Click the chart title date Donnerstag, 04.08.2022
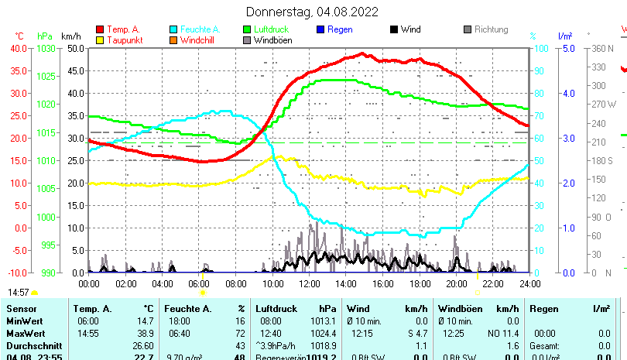312,12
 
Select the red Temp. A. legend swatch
99,29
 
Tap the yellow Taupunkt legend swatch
99,40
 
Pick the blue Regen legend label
340,29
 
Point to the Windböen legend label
272,40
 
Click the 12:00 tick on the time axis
309,284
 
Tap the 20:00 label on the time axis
456,284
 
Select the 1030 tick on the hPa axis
46,48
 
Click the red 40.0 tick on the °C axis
18,48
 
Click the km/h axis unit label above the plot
70,36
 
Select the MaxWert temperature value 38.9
142,333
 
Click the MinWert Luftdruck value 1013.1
323,321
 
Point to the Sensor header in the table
21,309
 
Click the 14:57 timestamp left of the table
19,293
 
